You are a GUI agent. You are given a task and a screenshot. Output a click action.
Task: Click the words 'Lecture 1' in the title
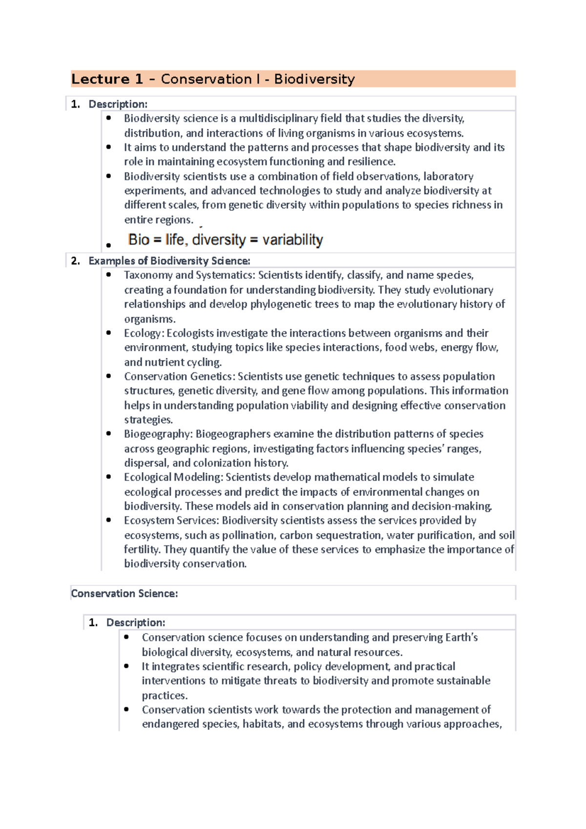click(x=107, y=79)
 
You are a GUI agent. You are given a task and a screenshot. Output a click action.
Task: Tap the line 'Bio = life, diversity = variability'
click(x=225, y=240)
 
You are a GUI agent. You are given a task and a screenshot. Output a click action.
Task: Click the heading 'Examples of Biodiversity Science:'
click(x=169, y=261)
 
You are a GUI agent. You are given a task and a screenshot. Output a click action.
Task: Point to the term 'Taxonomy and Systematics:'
click(x=189, y=275)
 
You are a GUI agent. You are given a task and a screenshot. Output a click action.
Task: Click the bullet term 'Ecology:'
click(x=144, y=333)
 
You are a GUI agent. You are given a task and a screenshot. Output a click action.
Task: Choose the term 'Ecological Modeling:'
click(x=173, y=477)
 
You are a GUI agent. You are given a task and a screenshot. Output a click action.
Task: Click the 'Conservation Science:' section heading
click(x=124, y=594)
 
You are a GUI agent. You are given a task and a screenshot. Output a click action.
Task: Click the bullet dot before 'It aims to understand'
click(x=108, y=147)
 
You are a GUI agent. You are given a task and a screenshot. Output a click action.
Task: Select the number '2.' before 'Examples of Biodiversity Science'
click(x=75, y=261)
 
